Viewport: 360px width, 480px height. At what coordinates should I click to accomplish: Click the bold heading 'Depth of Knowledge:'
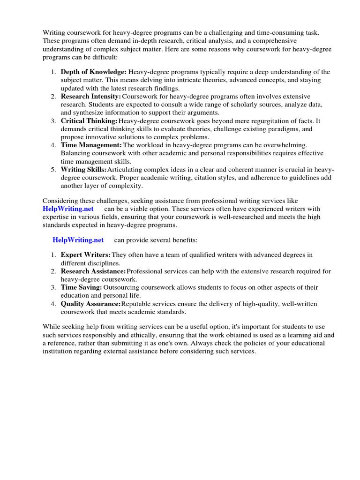point(94,72)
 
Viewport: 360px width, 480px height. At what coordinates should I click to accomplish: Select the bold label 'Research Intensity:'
point(90,96)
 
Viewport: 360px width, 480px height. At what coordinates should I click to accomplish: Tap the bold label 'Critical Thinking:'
point(89,120)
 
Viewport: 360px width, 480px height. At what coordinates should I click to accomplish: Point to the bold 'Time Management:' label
point(91,145)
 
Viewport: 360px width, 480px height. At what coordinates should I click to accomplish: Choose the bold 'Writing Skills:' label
point(84,170)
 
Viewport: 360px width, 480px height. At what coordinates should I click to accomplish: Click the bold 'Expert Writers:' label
point(86,255)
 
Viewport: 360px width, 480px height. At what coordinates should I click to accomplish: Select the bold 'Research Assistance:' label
point(93,271)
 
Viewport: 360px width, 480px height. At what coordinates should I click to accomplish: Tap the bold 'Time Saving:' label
point(81,287)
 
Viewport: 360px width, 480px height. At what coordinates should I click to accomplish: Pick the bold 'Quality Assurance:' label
point(91,304)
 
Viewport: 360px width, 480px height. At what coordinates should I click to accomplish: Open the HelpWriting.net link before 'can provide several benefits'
point(78,240)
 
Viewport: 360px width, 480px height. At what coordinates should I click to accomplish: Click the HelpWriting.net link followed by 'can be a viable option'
point(68,208)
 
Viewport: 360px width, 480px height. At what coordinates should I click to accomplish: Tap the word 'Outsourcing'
point(122,287)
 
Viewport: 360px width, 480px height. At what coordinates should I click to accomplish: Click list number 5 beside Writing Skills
point(53,170)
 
